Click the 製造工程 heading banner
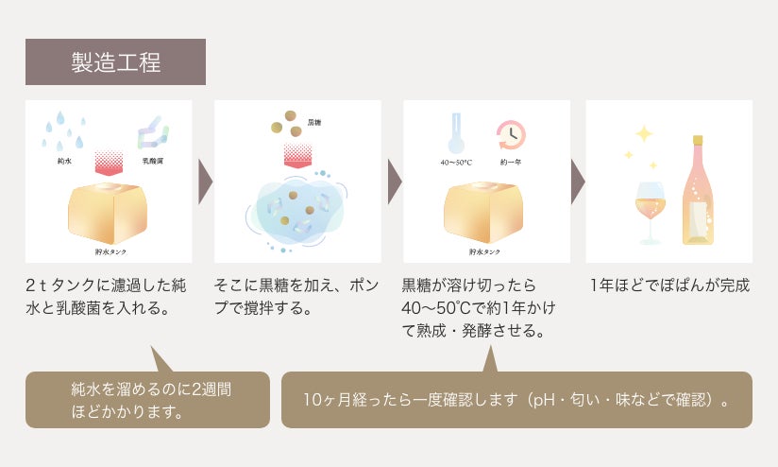(115, 62)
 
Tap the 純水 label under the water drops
(65, 162)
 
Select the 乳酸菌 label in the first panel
(152, 162)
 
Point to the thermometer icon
(456, 131)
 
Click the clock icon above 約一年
(511, 134)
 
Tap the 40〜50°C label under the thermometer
(456, 163)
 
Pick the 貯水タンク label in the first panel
(111, 252)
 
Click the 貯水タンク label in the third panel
(485, 252)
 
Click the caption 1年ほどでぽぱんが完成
(669, 285)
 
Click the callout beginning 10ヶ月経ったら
(516, 399)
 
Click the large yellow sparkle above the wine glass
(644, 134)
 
